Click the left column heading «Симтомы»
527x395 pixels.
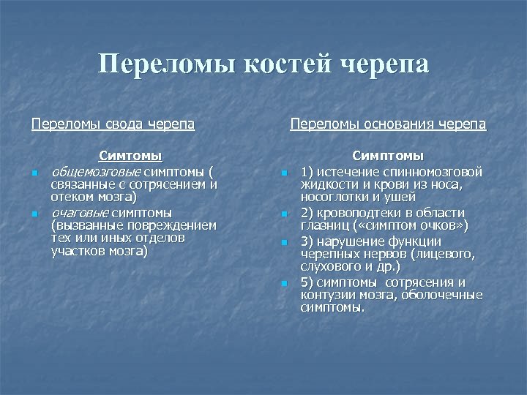coord(130,156)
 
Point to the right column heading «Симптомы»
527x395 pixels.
coord(388,156)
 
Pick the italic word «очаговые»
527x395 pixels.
coord(81,212)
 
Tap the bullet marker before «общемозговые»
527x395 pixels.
coord(34,173)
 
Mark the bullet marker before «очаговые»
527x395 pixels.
coord(34,214)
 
